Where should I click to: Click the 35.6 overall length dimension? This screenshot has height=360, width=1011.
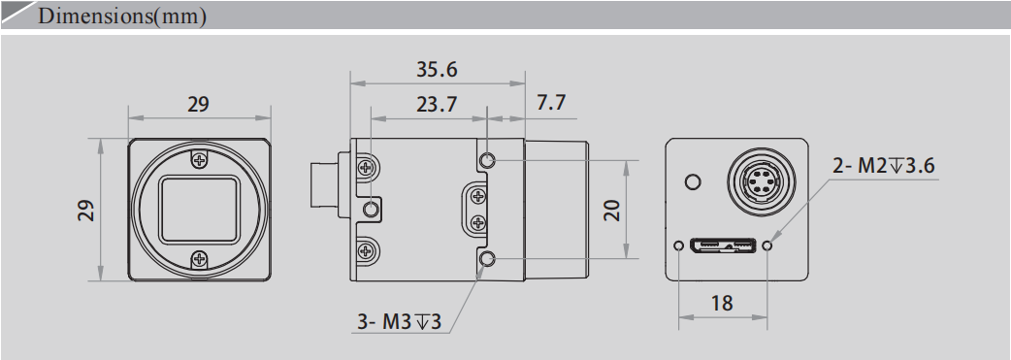point(436,71)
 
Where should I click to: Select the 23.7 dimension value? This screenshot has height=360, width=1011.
point(436,106)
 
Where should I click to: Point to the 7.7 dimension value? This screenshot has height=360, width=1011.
point(551,104)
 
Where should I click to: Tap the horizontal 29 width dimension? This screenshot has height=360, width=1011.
point(198,104)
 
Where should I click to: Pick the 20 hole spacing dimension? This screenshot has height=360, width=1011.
point(611,210)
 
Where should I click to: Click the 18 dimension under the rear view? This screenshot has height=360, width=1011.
point(722,303)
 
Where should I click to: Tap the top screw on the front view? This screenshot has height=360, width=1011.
point(199,161)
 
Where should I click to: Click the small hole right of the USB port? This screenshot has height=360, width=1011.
point(767,245)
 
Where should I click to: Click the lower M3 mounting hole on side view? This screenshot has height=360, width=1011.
point(487,258)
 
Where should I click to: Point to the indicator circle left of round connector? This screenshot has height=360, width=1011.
point(692,181)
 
